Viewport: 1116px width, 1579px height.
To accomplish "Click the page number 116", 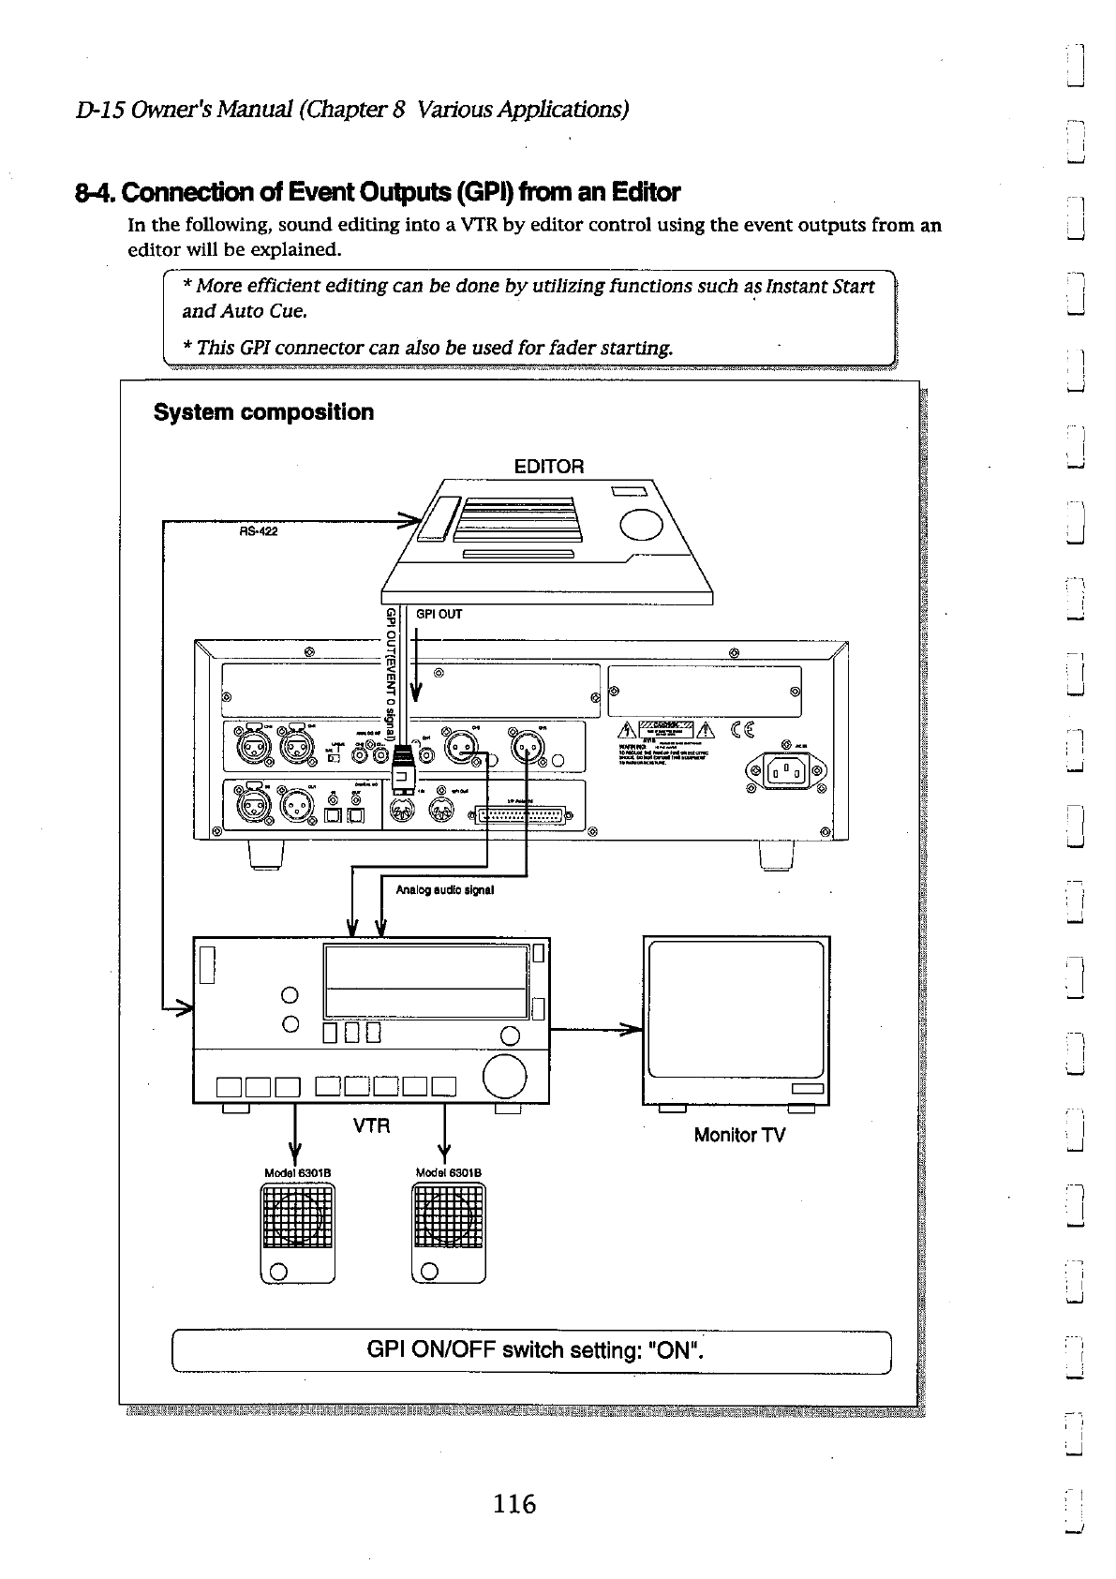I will point(515,1504).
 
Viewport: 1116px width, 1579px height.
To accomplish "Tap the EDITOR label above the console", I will point(549,466).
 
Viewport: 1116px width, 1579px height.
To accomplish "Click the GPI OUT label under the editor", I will point(439,615).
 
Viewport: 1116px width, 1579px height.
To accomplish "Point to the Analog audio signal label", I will point(444,889).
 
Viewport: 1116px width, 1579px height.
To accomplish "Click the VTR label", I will point(371,1125).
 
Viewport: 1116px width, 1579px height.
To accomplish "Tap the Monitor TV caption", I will point(739,1135).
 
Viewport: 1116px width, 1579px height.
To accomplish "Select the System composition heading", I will point(263,412).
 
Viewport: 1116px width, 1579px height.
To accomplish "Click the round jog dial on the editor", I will point(641,523).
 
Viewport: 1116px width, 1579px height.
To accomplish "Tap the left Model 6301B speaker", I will point(297,1230).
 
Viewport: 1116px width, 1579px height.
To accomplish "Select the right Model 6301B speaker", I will point(449,1230).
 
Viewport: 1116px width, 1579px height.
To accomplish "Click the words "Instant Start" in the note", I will point(820,286).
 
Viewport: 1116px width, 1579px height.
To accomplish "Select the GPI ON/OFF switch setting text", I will point(534,1350).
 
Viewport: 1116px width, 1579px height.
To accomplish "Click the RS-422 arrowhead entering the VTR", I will point(182,1008).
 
